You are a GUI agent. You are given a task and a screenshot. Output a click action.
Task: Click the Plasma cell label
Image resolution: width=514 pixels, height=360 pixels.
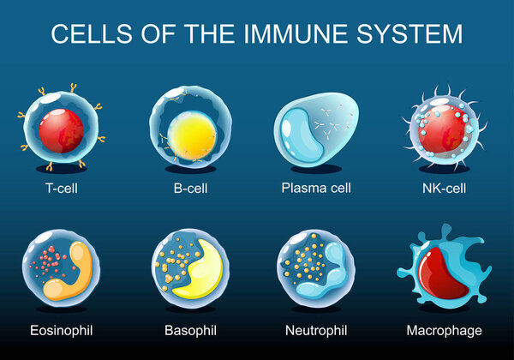(317, 188)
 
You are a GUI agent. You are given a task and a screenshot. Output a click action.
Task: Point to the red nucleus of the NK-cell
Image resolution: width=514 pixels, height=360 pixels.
(440, 129)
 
